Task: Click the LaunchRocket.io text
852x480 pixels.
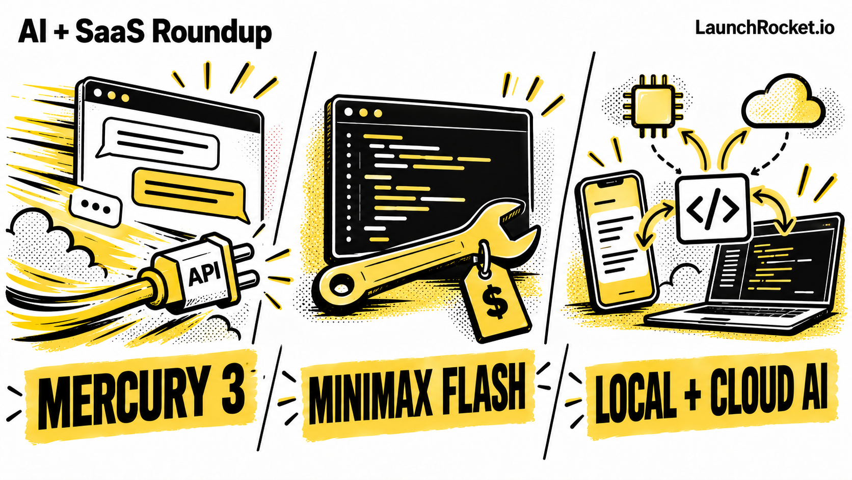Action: (x=765, y=28)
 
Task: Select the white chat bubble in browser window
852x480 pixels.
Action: (x=158, y=143)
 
